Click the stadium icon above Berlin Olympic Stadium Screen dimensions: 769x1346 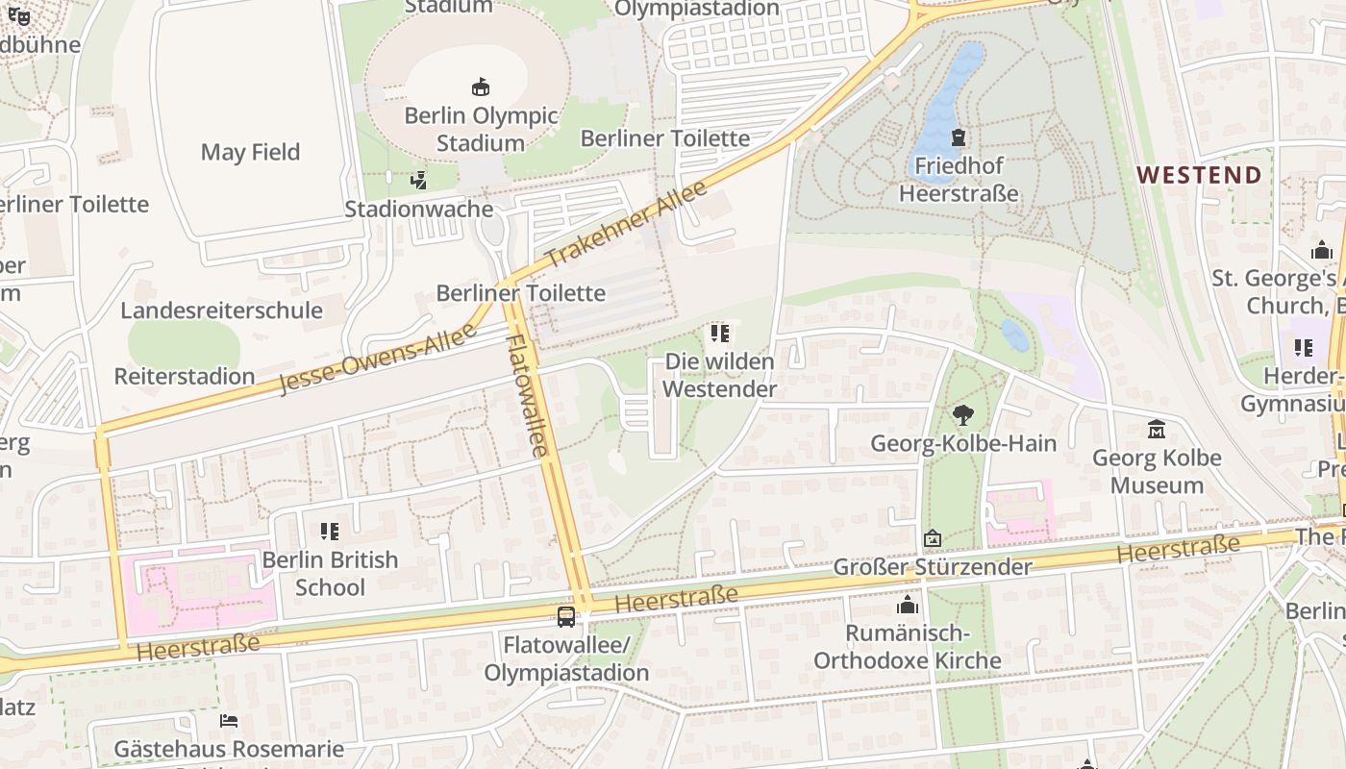481,87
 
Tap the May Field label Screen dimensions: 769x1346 250,152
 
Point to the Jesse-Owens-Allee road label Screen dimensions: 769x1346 377,359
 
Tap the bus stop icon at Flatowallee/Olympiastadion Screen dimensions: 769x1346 566,616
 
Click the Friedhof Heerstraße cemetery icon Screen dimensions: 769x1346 958,138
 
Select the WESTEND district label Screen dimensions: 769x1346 1199,175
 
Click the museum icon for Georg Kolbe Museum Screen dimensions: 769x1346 1157,429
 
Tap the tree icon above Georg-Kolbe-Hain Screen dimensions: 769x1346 962,415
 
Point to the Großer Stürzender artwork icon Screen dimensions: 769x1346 931,539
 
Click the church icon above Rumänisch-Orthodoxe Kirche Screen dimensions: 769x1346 908,606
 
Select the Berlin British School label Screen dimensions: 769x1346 330,573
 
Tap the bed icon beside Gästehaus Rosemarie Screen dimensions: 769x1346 228,720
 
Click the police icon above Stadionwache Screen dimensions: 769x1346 418,180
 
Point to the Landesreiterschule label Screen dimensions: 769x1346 221,310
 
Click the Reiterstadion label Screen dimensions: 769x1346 185,376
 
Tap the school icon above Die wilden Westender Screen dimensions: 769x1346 719,334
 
